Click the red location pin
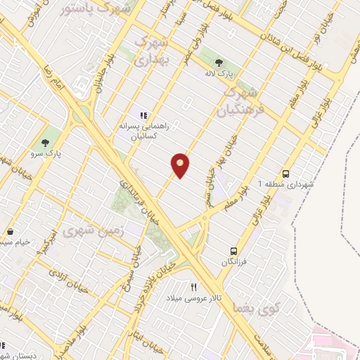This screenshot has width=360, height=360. click(x=181, y=165)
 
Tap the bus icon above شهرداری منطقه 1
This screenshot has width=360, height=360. click(x=285, y=173)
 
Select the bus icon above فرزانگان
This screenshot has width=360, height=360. click(x=234, y=250)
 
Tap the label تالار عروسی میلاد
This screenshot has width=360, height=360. click(x=197, y=298)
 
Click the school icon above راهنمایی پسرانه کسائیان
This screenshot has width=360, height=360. click(x=143, y=115)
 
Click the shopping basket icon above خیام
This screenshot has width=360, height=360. click(x=11, y=231)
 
